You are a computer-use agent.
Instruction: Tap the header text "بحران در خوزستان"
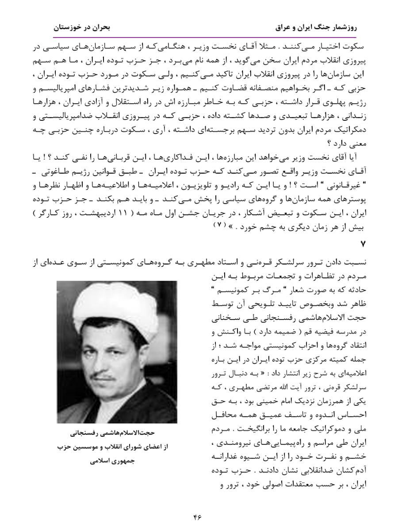click(x=82, y=27)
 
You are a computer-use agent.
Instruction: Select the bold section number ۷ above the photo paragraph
click(x=364, y=244)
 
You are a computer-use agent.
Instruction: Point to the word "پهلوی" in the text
click(x=325, y=101)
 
